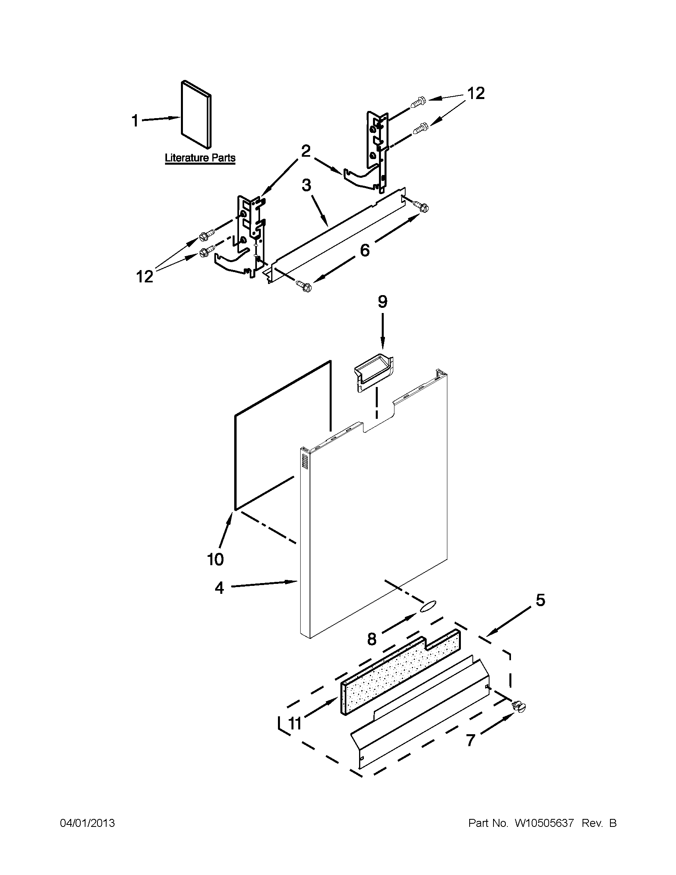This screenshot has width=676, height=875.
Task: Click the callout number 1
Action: tap(135, 121)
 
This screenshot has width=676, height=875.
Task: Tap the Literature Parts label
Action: tap(200, 158)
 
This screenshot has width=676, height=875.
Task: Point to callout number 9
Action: tap(382, 302)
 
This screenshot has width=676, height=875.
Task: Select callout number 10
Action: tap(215, 559)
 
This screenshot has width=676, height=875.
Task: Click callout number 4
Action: tap(219, 588)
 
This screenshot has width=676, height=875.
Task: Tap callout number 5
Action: tap(540, 600)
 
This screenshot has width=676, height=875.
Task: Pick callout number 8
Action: tap(372, 639)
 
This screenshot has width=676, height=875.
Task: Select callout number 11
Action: tap(295, 723)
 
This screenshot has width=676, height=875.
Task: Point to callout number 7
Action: tap(470, 741)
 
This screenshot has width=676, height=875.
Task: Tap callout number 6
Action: tap(365, 250)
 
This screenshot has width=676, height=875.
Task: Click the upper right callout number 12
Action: tap(476, 93)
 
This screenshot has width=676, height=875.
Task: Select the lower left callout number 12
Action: tap(145, 276)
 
